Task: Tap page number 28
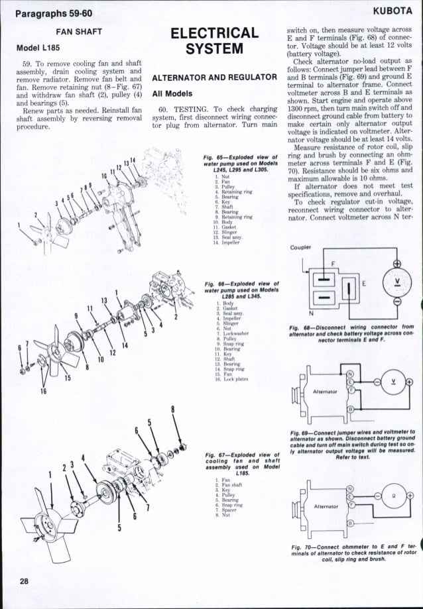25,581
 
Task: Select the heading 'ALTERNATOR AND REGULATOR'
214,80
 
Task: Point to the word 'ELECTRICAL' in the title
214,32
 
